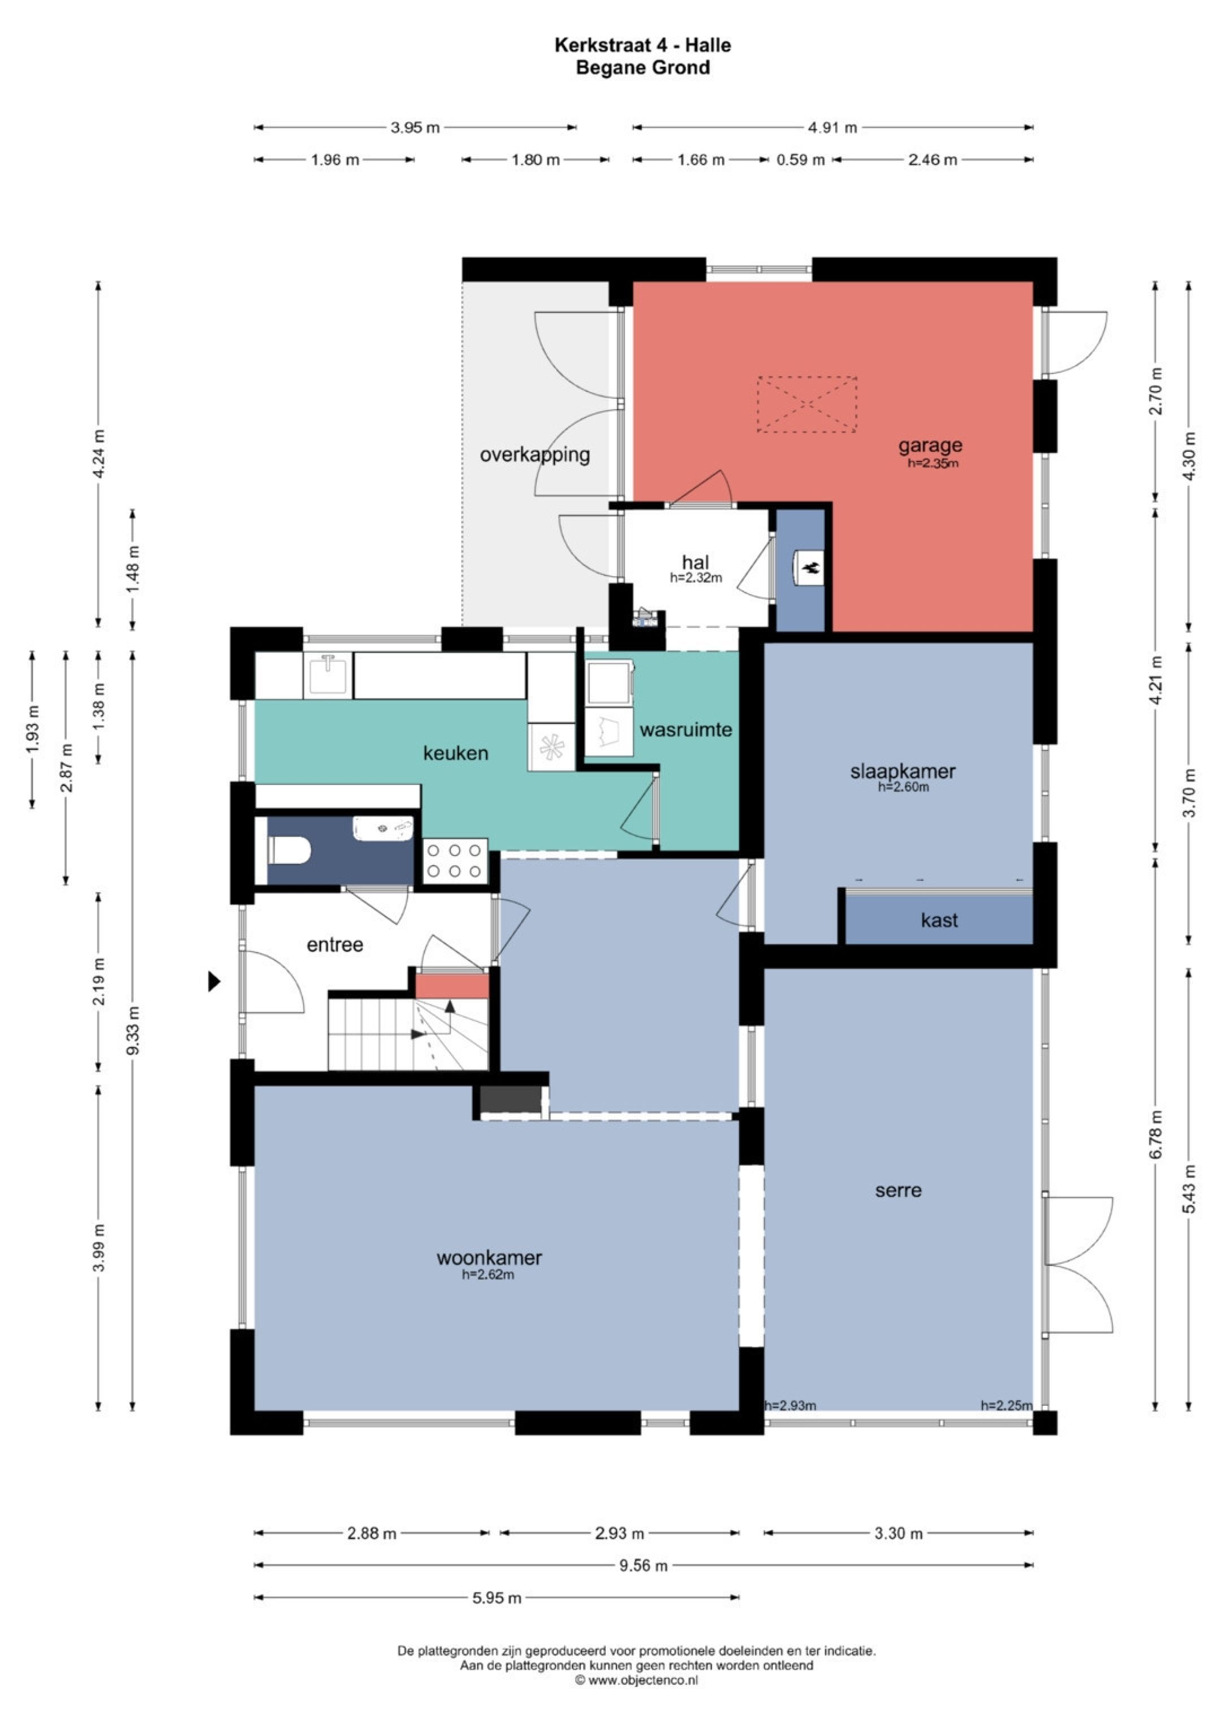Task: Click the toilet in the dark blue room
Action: pyautogui.click(x=289, y=850)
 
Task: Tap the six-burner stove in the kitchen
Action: pyautogui.click(x=455, y=860)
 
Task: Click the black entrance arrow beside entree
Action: pyautogui.click(x=214, y=981)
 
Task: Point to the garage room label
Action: pyautogui.click(x=930, y=445)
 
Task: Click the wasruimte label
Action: pyautogui.click(x=686, y=729)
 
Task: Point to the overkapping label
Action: pyautogui.click(x=535, y=454)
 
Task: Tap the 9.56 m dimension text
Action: pyautogui.click(x=643, y=1565)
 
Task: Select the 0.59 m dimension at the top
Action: pyautogui.click(x=801, y=160)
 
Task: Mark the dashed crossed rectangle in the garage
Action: pyautogui.click(x=807, y=404)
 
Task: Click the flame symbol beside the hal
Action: pyautogui.click(x=811, y=568)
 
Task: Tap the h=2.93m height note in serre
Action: pyautogui.click(x=790, y=1406)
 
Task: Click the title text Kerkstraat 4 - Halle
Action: pyautogui.click(x=642, y=45)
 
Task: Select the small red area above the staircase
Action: pyautogui.click(x=452, y=986)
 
